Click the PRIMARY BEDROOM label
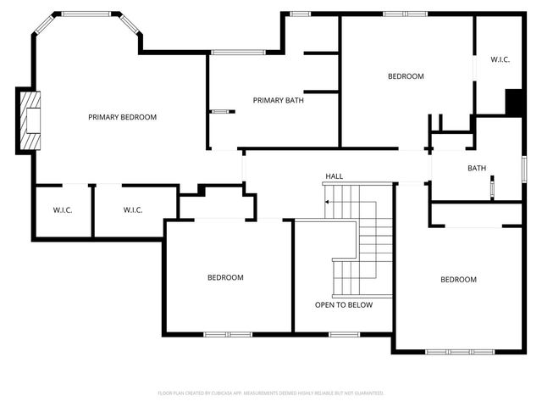pyautogui.click(x=123, y=117)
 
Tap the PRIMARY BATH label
pyautogui.click(x=279, y=100)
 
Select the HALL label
pyautogui.click(x=335, y=176)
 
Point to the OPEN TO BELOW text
pyautogui.click(x=344, y=305)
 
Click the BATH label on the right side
pyautogui.click(x=477, y=168)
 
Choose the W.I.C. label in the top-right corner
pyautogui.click(x=500, y=59)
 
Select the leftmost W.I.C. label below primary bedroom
pyautogui.click(x=63, y=210)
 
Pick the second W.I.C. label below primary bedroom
pyautogui.click(x=133, y=210)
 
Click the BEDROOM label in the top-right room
pyautogui.click(x=406, y=76)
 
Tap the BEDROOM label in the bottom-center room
pyautogui.click(x=226, y=277)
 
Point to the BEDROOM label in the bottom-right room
pyautogui.click(x=458, y=280)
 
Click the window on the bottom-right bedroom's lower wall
pyautogui.click(x=450, y=351)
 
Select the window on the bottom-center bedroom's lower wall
pyautogui.click(x=228, y=334)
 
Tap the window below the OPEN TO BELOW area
pyautogui.click(x=343, y=334)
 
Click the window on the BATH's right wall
pyautogui.click(x=524, y=168)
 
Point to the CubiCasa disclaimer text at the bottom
pyautogui.click(x=271, y=393)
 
